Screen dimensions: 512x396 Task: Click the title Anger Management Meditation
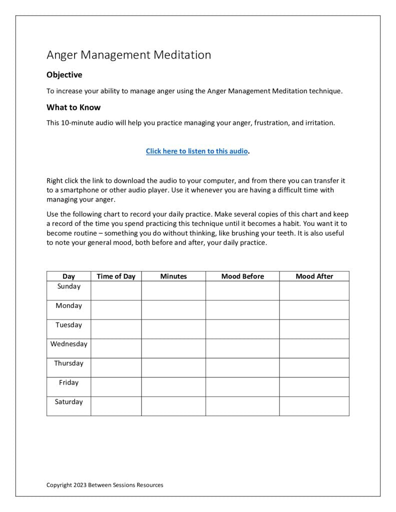(129, 55)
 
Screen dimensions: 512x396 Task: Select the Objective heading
(64, 75)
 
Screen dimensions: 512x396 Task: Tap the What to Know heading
(74, 107)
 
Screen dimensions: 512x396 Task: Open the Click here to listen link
(197, 151)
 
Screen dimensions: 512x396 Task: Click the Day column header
(69, 276)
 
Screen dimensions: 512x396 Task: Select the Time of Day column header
(116, 276)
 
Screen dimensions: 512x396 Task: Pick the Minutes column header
(173, 276)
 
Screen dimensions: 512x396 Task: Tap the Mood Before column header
(242, 276)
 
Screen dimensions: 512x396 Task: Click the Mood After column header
(314, 276)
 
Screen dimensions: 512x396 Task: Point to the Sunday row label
(69, 286)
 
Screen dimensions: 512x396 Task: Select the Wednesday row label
(69, 344)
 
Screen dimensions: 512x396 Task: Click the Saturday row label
(69, 402)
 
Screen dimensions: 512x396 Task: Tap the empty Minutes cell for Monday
(173, 310)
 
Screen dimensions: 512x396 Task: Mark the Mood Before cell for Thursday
(242, 367)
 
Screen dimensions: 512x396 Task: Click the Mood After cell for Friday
(314, 387)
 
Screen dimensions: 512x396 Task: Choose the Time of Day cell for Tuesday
(116, 329)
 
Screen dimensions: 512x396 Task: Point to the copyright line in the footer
(105, 485)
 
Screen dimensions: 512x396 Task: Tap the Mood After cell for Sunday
(314, 290)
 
